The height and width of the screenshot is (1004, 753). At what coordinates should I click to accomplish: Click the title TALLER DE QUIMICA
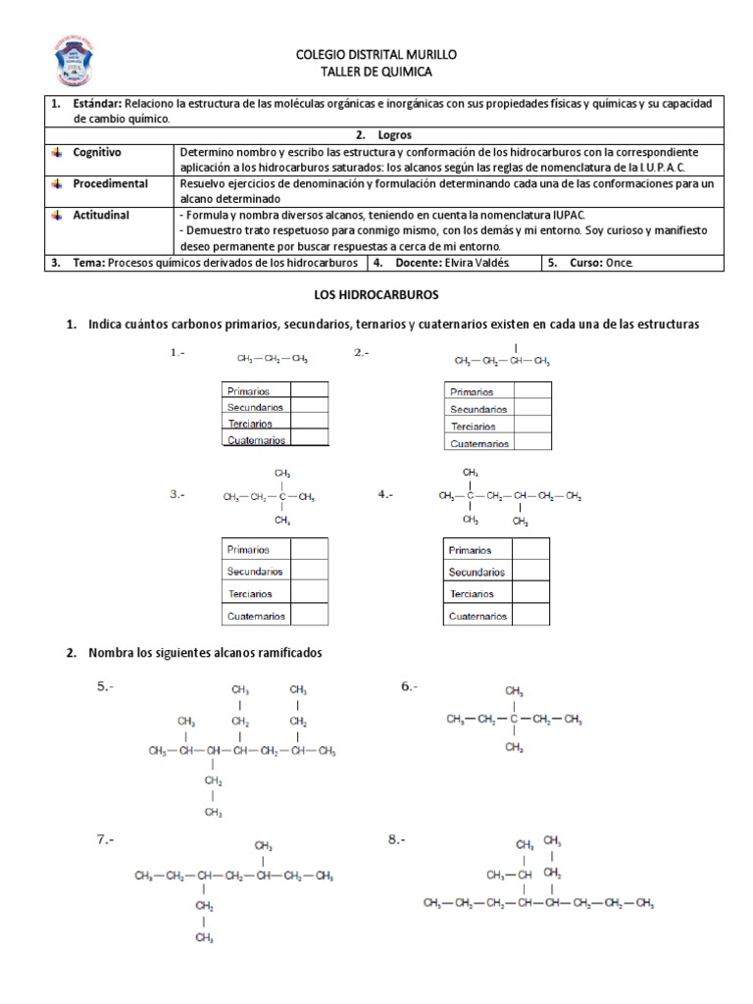point(376,72)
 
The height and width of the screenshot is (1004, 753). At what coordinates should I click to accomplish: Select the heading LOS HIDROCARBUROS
point(376,294)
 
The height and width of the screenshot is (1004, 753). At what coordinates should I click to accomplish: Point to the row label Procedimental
point(110,183)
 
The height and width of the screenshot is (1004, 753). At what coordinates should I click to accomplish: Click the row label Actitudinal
point(101,214)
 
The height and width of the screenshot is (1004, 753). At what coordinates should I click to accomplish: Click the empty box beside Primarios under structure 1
point(310,389)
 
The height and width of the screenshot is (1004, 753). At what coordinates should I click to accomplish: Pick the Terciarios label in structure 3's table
point(250,594)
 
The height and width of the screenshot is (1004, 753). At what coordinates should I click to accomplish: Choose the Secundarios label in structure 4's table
point(477,572)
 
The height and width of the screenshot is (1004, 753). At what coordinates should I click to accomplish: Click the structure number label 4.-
point(385,495)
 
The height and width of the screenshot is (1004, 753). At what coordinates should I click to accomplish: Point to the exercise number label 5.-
point(105,687)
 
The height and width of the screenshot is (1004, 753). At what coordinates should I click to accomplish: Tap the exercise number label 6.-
point(410,687)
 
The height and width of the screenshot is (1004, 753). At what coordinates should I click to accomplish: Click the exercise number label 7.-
point(105,839)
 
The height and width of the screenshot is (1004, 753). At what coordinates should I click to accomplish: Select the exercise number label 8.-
point(397,839)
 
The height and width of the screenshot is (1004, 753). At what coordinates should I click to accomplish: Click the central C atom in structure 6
point(514,720)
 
